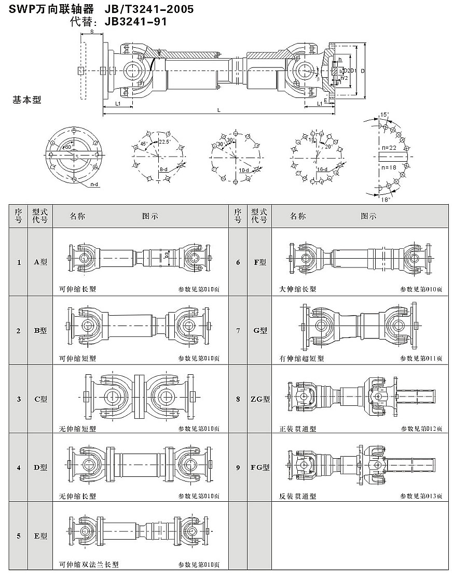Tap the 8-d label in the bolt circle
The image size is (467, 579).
point(163,170)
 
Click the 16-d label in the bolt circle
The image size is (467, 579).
point(322,170)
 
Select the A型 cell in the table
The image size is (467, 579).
point(40,262)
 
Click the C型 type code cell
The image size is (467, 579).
point(40,399)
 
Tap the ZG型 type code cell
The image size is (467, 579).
point(260,399)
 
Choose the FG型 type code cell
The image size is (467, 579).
point(260,468)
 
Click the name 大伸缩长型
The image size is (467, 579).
point(297,289)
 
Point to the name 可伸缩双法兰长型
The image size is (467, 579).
point(89,564)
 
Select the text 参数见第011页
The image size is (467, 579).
point(421,358)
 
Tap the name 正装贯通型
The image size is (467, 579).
point(297,429)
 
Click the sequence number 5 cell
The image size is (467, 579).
point(19,536)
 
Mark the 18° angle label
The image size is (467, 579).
point(385,199)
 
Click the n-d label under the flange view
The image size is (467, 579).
point(94,184)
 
